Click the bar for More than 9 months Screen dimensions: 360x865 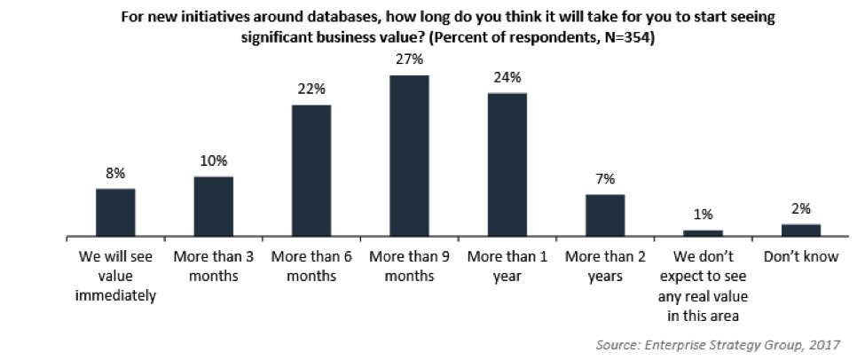(x=409, y=156)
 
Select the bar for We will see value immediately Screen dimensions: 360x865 (x=115, y=213)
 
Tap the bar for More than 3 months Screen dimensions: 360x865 (x=213, y=207)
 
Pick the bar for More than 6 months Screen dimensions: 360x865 (x=311, y=171)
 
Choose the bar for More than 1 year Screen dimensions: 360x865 (x=507, y=165)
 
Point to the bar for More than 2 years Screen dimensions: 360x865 (x=604, y=215)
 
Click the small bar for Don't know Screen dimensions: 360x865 (x=800, y=231)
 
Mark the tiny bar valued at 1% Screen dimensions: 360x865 (x=703, y=233)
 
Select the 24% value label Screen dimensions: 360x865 (x=507, y=77)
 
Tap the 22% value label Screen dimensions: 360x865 (x=311, y=90)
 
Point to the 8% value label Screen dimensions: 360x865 (x=115, y=173)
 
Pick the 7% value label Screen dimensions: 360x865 (x=604, y=179)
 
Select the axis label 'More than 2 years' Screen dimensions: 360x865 (x=604, y=267)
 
